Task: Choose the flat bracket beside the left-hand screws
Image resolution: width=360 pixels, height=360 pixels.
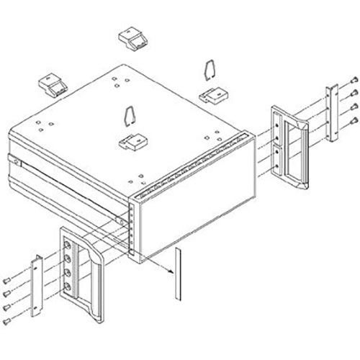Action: point(36,284)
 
